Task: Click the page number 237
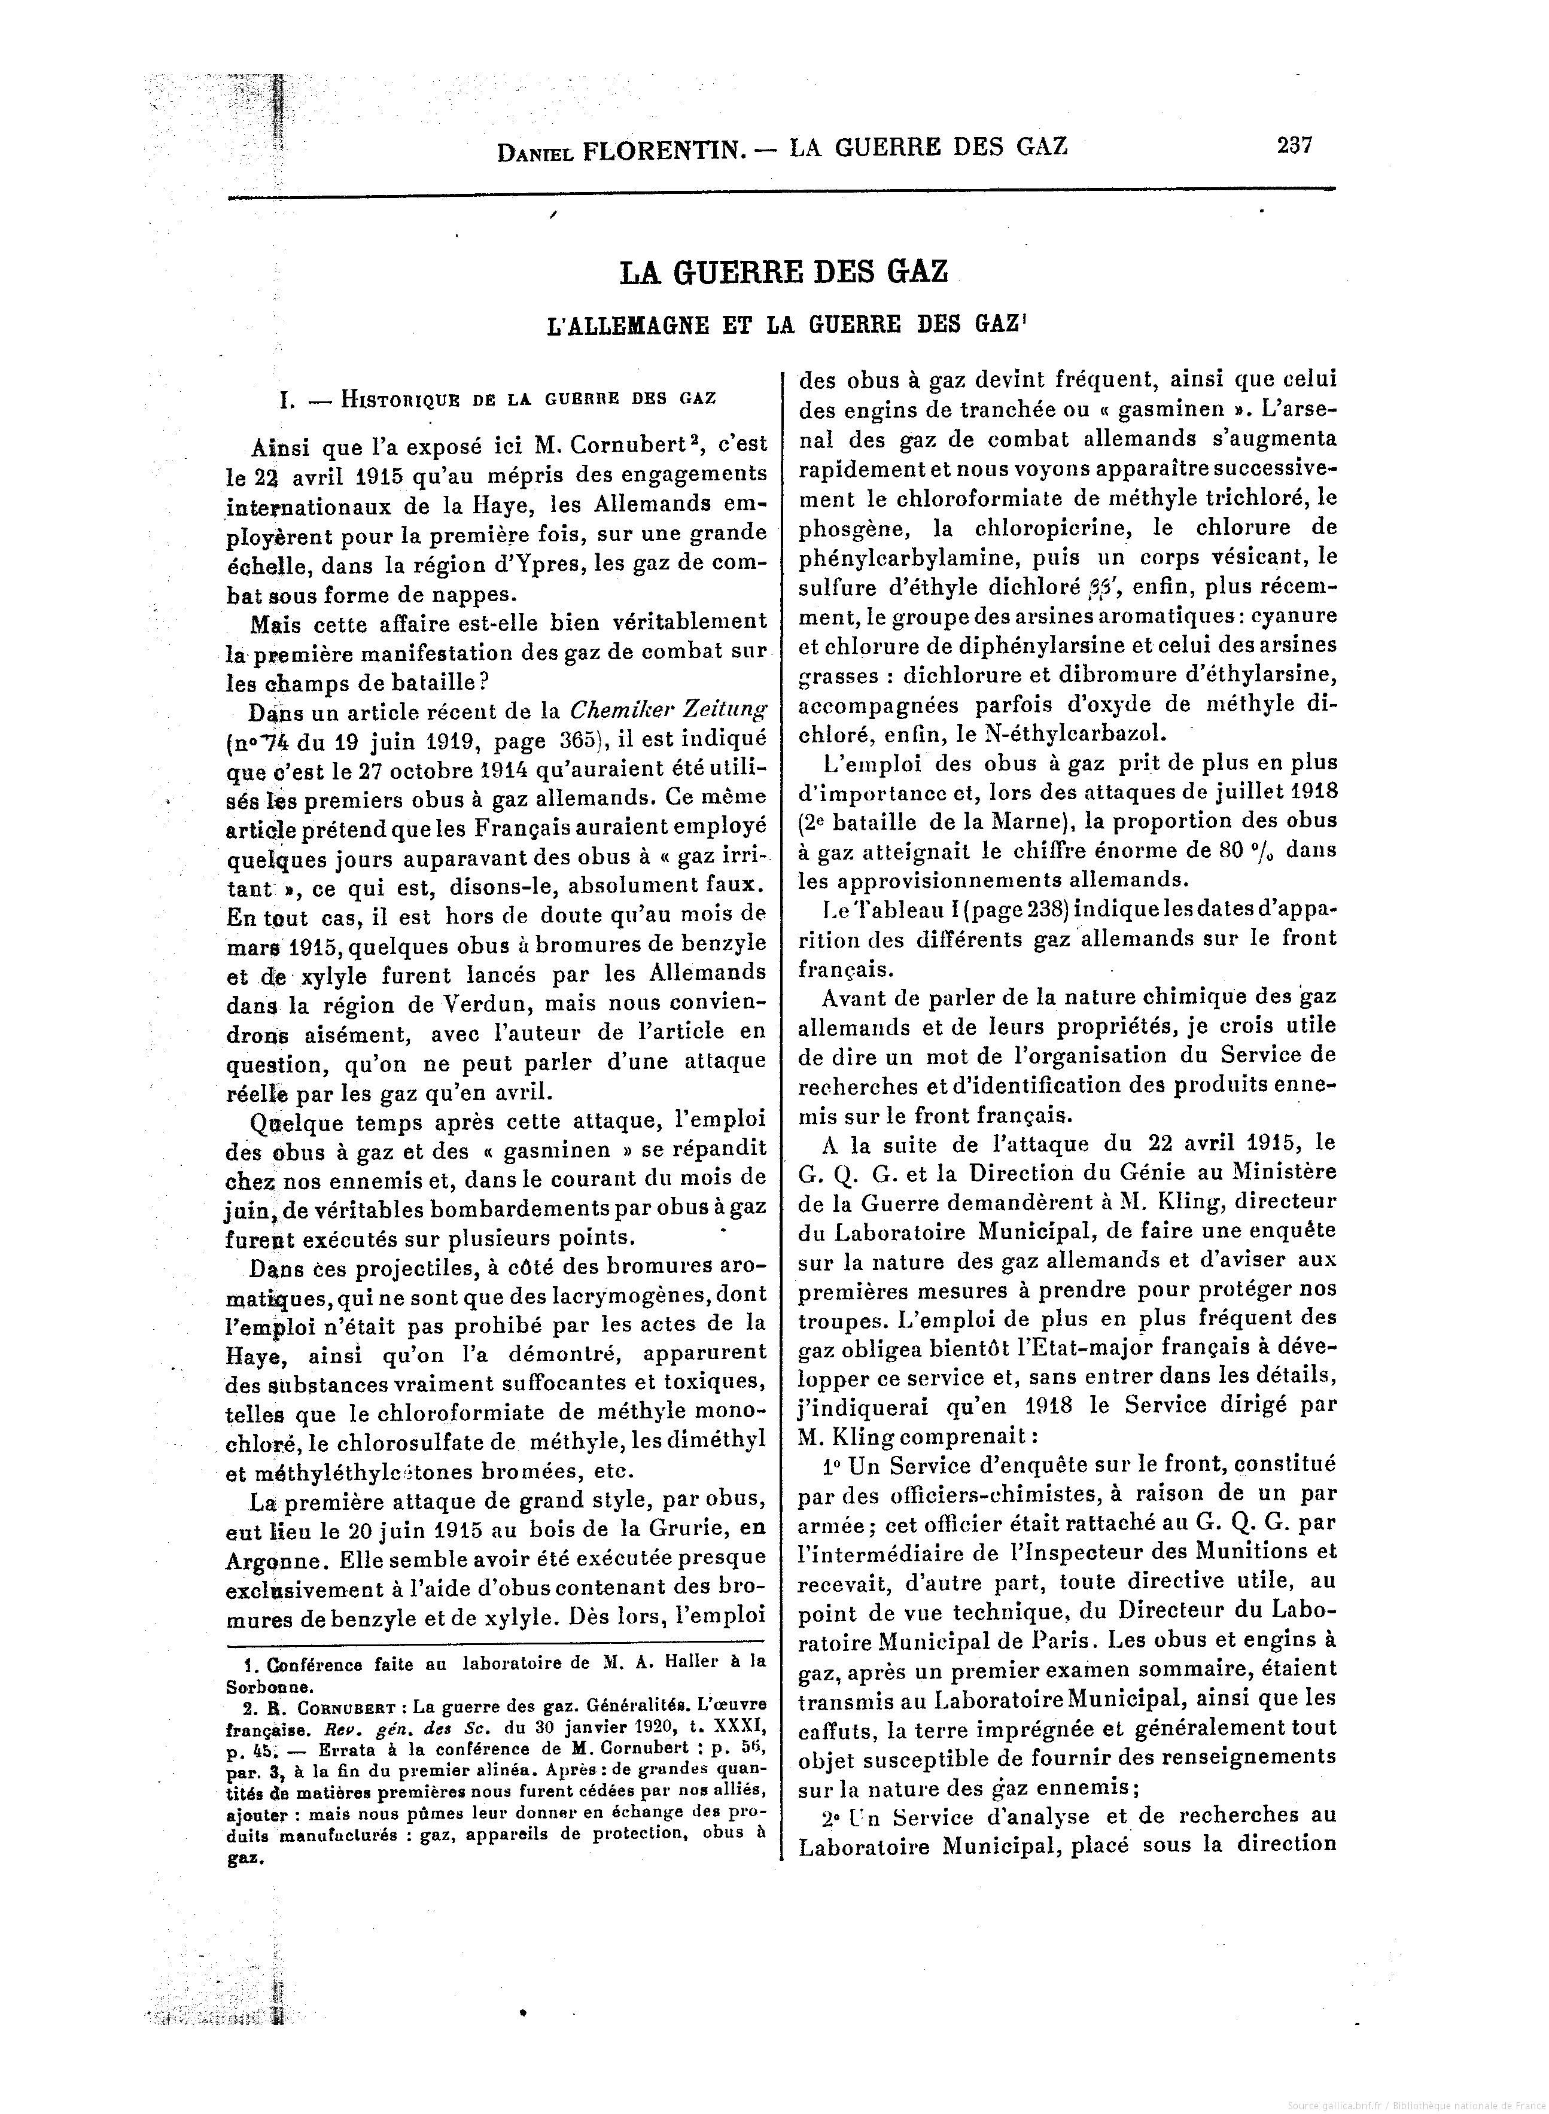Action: pyautogui.click(x=1294, y=145)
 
